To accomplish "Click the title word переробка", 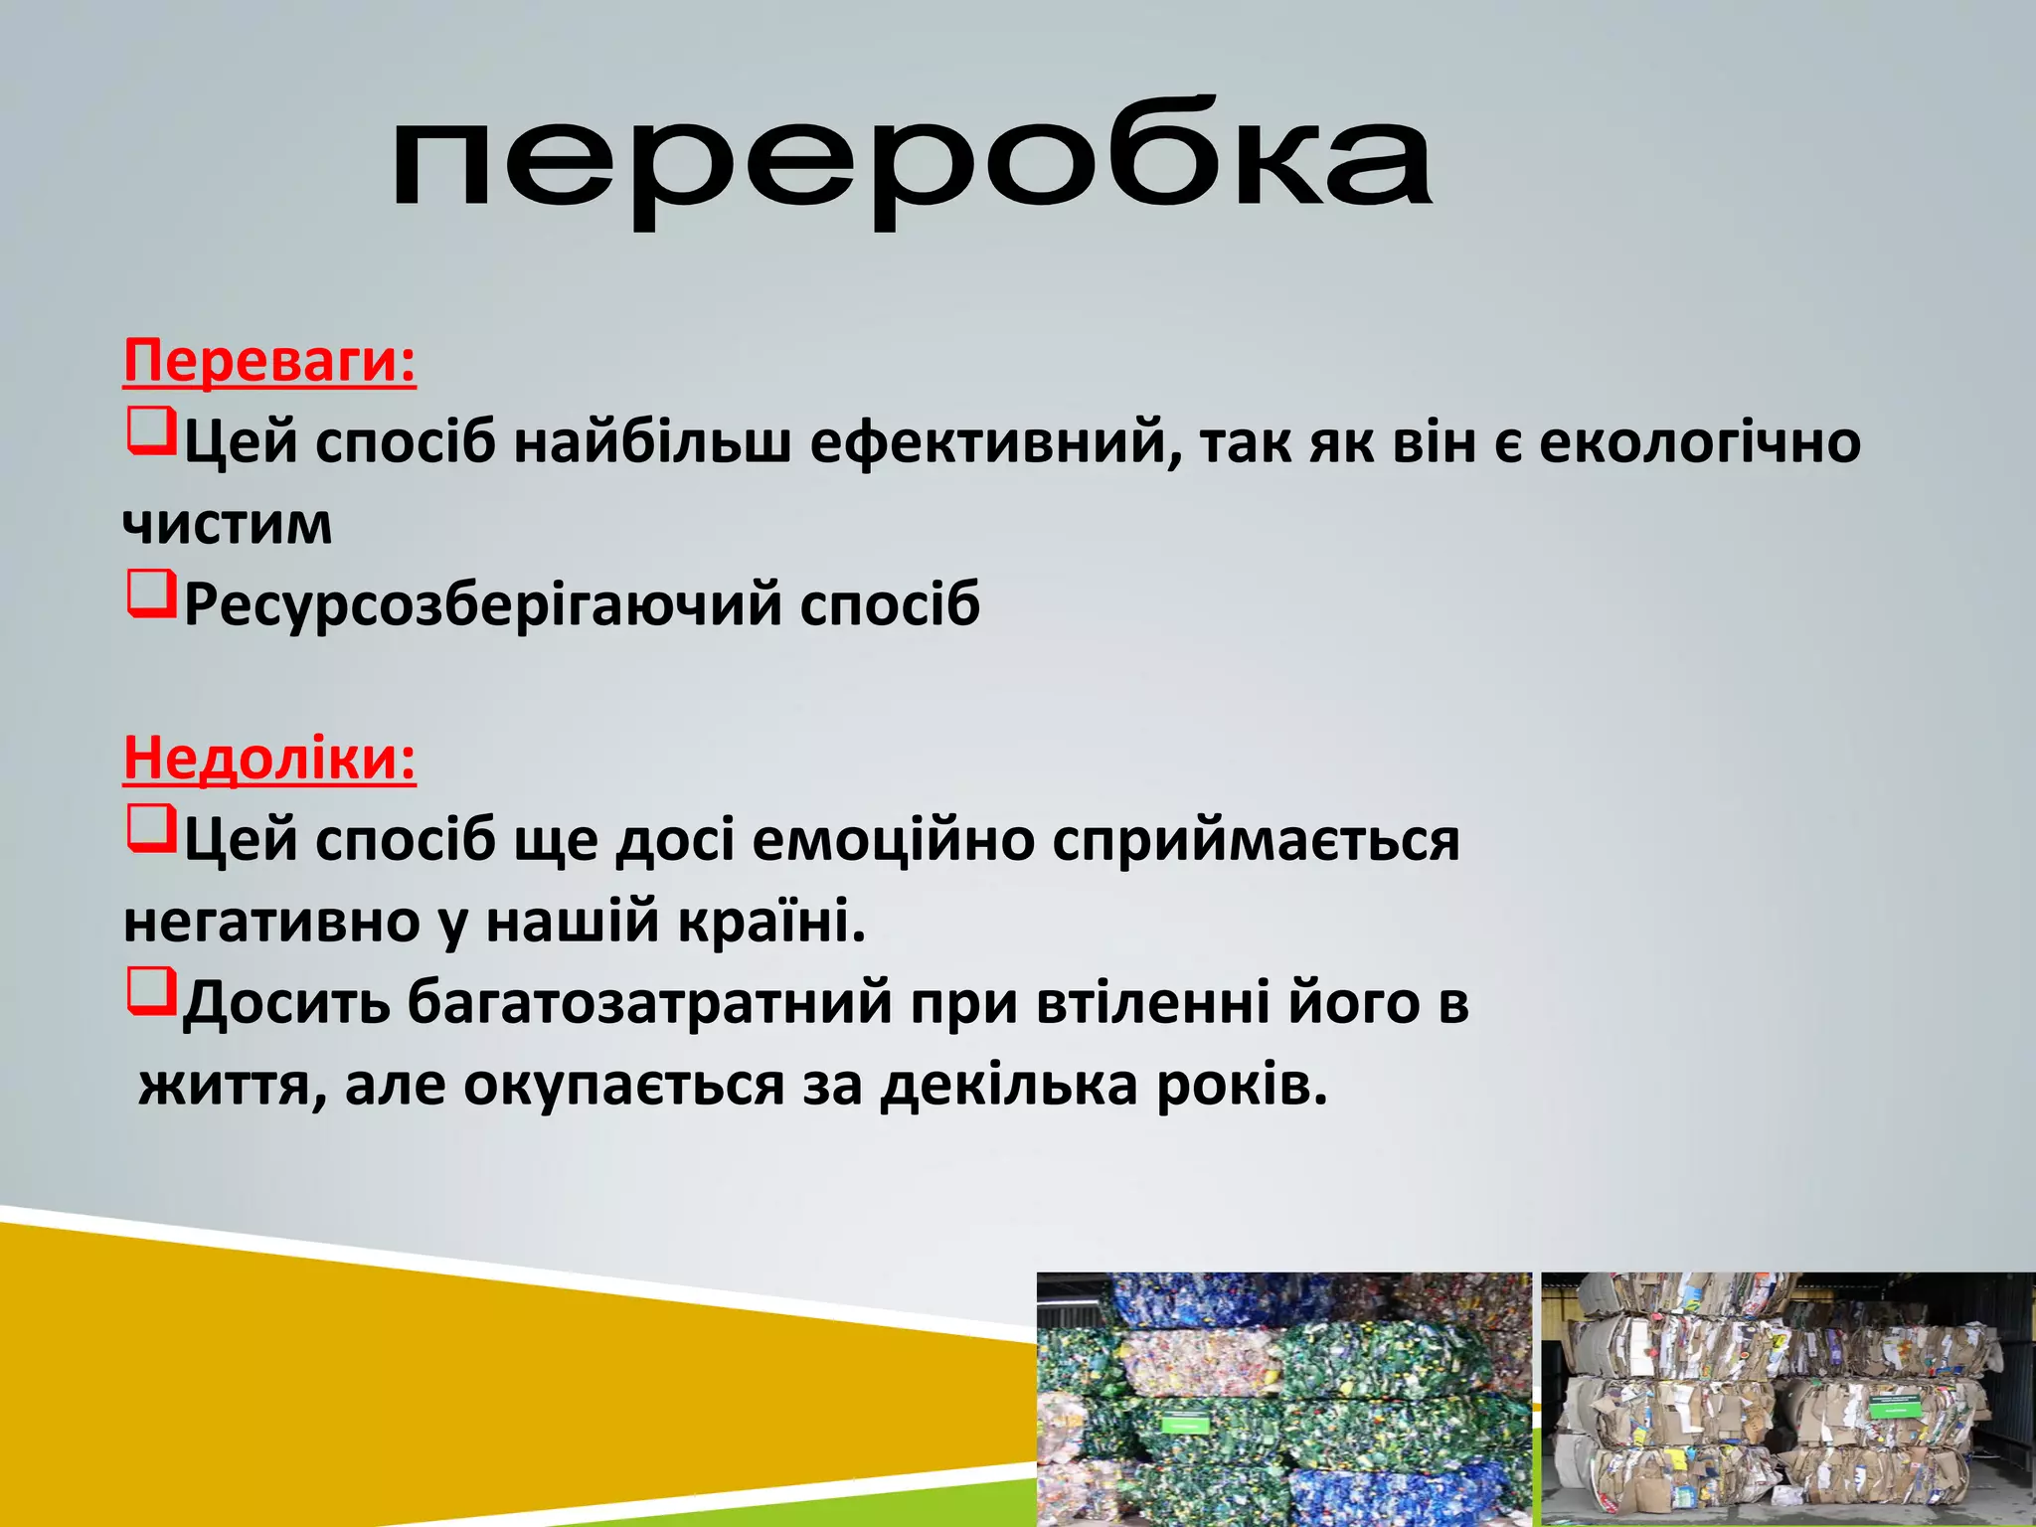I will coord(911,164).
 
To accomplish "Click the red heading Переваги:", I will coord(269,361).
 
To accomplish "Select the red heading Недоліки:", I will coord(269,759).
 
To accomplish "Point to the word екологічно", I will coord(1699,442).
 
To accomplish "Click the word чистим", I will coord(227,524).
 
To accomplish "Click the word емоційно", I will coord(894,840).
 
